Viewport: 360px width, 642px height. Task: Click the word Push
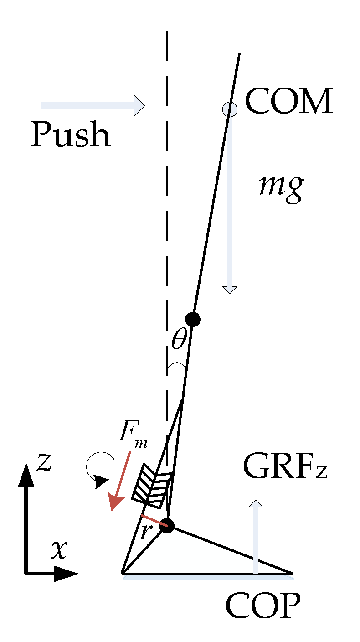(x=71, y=135)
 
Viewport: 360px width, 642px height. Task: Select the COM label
(x=288, y=102)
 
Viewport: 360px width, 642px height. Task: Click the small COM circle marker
(x=230, y=109)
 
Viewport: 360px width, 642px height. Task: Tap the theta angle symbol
(x=179, y=340)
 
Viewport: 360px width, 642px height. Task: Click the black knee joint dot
(x=193, y=319)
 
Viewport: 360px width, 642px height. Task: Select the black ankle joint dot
(x=168, y=526)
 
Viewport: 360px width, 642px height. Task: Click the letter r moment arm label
(x=145, y=531)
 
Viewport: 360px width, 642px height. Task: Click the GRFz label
(x=285, y=467)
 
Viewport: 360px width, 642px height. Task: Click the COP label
(x=263, y=606)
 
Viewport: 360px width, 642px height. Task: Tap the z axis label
(x=44, y=461)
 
